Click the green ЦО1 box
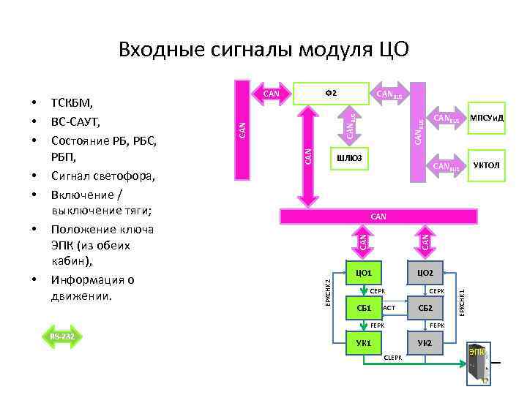(364, 273)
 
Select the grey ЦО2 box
(425, 273)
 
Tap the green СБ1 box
(364, 307)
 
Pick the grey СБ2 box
(425, 307)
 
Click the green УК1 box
(364, 343)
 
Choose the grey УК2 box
(425, 343)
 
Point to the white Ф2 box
(330, 92)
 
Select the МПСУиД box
(487, 117)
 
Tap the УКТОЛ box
(487, 166)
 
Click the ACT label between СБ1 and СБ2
(389, 308)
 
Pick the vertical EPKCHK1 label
(462, 302)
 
